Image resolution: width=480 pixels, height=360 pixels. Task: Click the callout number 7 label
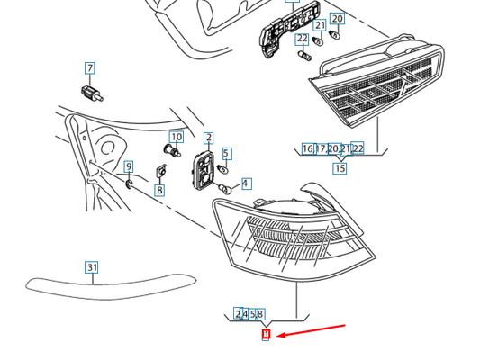coord(90,67)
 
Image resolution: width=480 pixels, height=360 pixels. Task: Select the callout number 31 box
coord(92,267)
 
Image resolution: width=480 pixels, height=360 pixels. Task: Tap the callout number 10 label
coord(177,137)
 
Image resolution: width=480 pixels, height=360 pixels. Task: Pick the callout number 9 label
coord(129,166)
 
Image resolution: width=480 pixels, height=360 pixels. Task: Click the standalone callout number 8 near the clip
coord(159,190)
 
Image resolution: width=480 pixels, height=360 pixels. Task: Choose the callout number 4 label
coord(245,184)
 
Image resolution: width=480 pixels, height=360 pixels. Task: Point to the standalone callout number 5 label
coord(226,154)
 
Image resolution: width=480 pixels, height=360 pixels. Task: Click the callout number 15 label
coord(340,168)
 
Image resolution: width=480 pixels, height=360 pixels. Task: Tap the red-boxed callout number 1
coord(266,334)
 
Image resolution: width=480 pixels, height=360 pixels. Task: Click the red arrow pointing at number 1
coord(311,330)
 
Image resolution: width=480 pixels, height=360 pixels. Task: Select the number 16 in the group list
coord(307,149)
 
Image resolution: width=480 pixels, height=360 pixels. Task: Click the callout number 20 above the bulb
coord(337,19)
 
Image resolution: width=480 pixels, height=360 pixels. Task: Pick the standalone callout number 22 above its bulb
coord(303,39)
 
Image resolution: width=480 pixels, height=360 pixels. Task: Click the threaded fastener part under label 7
coord(92,94)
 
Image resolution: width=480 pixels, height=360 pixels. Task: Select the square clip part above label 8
coord(161,172)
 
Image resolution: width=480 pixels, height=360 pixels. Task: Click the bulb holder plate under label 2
coord(203,169)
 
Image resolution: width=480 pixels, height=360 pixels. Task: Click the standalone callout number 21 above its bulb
coord(321,25)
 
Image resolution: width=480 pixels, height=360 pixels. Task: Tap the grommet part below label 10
coord(172,150)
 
